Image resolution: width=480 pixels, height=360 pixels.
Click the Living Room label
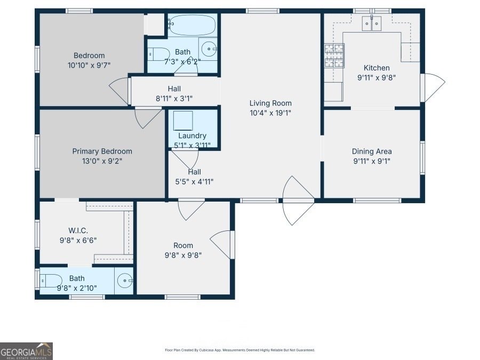(270, 103)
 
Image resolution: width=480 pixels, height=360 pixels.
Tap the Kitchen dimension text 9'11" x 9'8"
(377, 77)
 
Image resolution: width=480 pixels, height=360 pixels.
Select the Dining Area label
(372, 151)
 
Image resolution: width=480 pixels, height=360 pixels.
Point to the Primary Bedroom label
(102, 151)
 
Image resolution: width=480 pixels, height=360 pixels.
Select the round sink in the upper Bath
(209, 49)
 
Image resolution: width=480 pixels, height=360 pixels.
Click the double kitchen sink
(372, 23)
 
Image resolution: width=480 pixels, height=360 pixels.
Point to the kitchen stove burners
(334, 55)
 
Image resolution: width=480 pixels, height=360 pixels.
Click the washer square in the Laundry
(183, 121)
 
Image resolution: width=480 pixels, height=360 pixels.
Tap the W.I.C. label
(78, 230)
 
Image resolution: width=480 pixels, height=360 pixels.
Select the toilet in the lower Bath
(51, 281)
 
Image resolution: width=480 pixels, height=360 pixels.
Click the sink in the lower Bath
(125, 281)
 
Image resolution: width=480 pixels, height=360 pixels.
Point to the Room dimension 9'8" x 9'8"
(183, 255)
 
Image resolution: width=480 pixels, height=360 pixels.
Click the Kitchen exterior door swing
(433, 87)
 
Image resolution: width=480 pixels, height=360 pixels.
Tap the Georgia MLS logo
(26, 351)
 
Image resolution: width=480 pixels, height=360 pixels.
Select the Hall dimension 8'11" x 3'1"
(174, 98)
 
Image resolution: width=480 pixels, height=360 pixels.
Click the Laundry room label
(192, 135)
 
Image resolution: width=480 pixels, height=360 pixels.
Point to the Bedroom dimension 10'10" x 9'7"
(89, 65)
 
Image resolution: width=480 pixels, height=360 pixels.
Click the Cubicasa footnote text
(239, 350)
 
